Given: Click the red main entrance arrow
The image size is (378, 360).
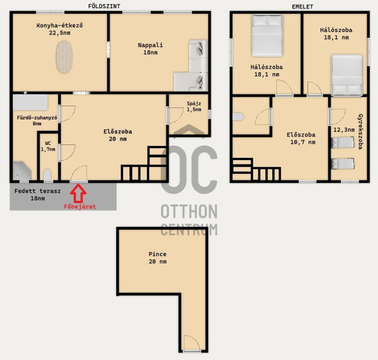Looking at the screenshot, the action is click(x=78, y=193).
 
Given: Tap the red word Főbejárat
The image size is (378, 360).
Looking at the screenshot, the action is click(x=80, y=206).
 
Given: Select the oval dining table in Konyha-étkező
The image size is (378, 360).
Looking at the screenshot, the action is click(x=64, y=57).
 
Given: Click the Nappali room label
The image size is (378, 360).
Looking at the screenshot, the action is click(x=150, y=49).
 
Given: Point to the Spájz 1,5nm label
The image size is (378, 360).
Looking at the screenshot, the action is click(x=194, y=106).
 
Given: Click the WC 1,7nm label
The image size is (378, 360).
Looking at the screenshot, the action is click(x=48, y=146).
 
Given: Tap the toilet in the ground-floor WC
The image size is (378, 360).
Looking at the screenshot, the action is click(x=48, y=175).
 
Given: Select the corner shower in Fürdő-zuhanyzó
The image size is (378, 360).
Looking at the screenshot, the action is click(x=22, y=171).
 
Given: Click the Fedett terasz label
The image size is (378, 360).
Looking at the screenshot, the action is click(x=37, y=195).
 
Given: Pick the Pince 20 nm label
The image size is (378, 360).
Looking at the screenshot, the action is click(x=157, y=257).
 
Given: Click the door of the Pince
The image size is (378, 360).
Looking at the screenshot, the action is click(x=192, y=343).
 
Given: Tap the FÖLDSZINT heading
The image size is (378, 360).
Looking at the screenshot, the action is click(x=104, y=6).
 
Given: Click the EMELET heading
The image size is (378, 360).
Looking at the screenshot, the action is click(x=302, y=7).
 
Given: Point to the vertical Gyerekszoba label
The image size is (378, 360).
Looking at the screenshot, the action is click(x=361, y=131).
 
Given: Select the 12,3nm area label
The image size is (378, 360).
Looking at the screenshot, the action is click(x=344, y=130).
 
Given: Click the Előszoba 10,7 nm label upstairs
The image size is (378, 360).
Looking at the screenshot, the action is click(x=301, y=138).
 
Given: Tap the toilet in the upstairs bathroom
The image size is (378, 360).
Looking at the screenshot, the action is click(x=238, y=117).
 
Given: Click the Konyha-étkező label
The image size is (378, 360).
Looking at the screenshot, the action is click(x=60, y=26).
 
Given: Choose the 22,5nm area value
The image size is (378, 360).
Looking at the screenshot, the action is click(x=60, y=33).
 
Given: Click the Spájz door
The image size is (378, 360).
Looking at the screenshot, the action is click(x=175, y=116).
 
